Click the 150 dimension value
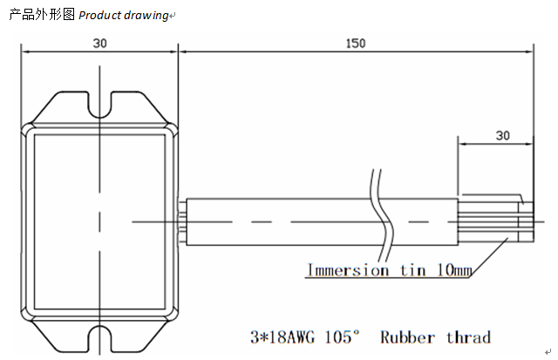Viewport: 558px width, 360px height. (356, 43)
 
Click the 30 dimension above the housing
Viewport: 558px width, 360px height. (100, 43)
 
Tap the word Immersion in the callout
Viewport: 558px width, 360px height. (347, 270)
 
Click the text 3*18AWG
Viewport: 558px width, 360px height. (282, 337)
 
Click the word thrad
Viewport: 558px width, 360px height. (469, 337)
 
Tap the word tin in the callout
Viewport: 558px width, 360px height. (408, 270)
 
